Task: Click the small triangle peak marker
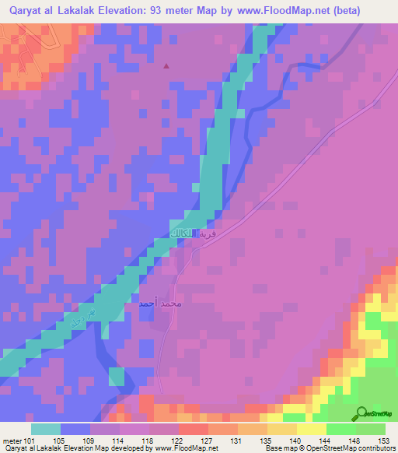[x=165, y=65]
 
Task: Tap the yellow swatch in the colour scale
[x=312, y=429]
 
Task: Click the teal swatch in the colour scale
[x=46, y=429]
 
